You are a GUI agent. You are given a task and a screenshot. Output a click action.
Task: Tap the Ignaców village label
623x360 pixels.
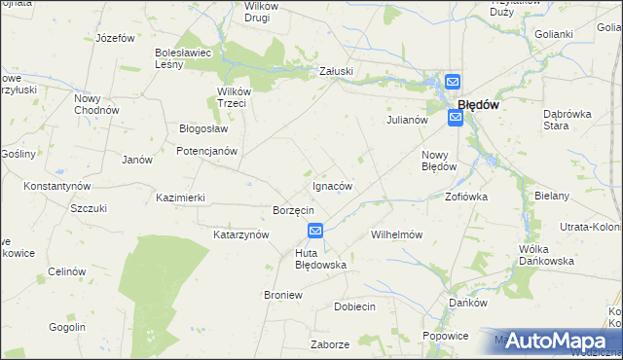pyautogui.click(x=332, y=185)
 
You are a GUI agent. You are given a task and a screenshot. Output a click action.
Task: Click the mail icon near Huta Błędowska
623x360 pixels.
pyautogui.click(x=315, y=231)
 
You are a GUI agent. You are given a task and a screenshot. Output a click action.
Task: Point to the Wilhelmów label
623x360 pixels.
pyautogui.click(x=396, y=234)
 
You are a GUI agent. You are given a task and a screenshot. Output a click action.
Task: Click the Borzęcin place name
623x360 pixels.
pyautogui.click(x=293, y=210)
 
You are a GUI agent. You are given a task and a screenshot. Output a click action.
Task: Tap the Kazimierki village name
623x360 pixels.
pyautogui.click(x=180, y=197)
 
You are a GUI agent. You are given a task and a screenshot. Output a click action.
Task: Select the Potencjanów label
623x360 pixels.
pyautogui.click(x=206, y=151)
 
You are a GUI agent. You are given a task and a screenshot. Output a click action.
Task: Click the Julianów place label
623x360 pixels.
pyautogui.click(x=408, y=120)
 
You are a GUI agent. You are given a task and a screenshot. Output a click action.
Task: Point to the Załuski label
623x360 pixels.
pyautogui.click(x=336, y=71)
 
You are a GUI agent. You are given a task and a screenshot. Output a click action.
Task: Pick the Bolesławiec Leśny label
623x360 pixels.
pyautogui.click(x=178, y=58)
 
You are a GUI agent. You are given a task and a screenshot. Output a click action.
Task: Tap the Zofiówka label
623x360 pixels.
pyautogui.click(x=466, y=196)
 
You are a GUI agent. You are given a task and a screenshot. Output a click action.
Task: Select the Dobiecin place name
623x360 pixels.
pyautogui.click(x=354, y=306)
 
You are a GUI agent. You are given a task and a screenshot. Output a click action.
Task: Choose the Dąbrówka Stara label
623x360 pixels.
pyautogui.click(x=568, y=119)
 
